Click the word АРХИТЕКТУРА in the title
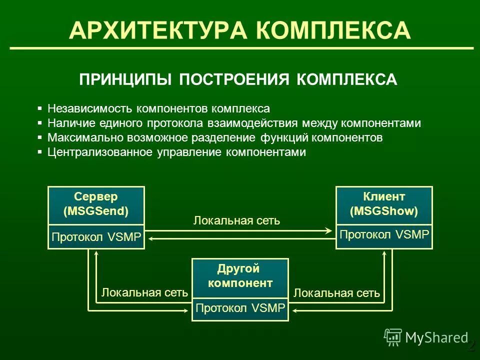point(158,30)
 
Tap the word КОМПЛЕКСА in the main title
point(334,30)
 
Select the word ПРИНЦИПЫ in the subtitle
point(125,79)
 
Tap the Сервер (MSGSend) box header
point(96,204)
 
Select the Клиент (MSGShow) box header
point(384,204)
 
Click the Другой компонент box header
point(240,276)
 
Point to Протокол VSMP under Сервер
point(96,237)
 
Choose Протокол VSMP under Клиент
point(384,234)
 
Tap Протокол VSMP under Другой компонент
point(240,308)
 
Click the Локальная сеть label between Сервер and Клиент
point(236,220)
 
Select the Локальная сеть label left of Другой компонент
point(144,292)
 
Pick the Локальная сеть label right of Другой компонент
point(336,292)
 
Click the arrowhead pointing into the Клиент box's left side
point(328,230)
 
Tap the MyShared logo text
point(436,338)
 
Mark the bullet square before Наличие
point(40,123)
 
